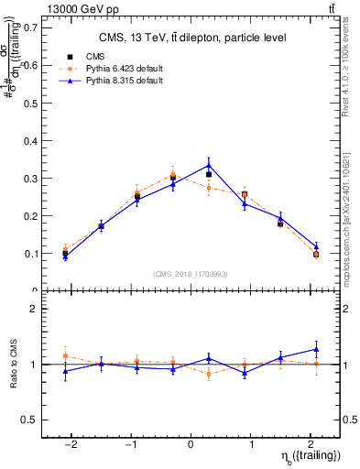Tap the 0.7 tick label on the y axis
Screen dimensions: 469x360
(30, 27)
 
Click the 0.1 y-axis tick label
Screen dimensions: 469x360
(30, 253)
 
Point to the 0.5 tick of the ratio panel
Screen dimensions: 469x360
(30, 420)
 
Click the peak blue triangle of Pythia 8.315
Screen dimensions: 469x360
(209, 165)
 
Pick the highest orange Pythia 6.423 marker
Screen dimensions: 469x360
(173, 174)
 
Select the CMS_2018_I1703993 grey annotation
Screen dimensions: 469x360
(191, 274)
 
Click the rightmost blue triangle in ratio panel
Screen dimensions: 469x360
(316, 349)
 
